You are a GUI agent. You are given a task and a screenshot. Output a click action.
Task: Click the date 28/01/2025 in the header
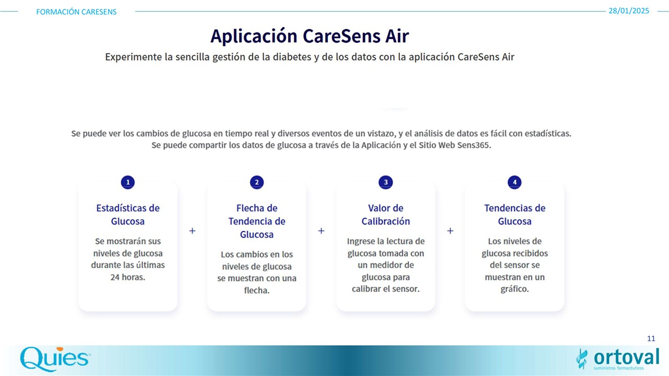(x=629, y=11)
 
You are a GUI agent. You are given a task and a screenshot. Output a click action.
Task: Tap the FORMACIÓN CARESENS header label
(x=76, y=12)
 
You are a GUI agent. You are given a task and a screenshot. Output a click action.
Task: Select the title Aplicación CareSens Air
(x=309, y=36)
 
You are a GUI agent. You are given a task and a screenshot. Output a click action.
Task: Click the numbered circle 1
(x=128, y=182)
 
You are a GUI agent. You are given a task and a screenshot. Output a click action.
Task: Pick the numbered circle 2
(x=257, y=182)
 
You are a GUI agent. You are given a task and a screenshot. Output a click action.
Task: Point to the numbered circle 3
(x=386, y=182)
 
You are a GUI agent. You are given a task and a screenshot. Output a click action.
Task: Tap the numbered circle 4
(x=515, y=182)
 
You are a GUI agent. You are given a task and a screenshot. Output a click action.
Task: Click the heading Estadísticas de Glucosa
(x=128, y=215)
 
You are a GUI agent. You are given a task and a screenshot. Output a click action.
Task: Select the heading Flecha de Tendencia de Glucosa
(x=257, y=221)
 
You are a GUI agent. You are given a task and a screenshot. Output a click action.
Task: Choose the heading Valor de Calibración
(x=386, y=215)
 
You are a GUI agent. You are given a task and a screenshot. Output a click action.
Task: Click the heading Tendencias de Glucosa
(x=515, y=215)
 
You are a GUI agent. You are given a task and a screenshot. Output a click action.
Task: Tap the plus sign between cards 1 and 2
(x=192, y=231)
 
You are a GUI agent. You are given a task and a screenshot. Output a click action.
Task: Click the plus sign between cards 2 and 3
(x=321, y=231)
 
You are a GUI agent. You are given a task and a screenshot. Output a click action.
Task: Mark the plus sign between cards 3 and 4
(x=451, y=231)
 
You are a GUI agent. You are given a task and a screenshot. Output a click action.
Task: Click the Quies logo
(x=55, y=359)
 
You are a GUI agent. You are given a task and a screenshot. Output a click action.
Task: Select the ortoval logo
(x=618, y=359)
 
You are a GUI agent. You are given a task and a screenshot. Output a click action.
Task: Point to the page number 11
(x=651, y=338)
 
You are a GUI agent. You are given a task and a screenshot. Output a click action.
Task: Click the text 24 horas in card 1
(x=128, y=277)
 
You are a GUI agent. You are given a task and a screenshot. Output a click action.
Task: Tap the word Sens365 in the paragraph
(x=474, y=145)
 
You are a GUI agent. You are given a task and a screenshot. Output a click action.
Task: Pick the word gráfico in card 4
(x=515, y=289)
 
